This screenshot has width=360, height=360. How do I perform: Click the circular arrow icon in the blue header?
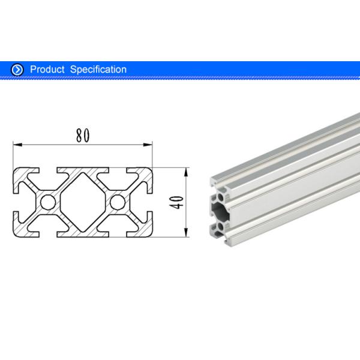point(17,70)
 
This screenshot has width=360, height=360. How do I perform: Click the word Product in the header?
point(47,70)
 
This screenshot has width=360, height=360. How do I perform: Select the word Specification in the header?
point(98,70)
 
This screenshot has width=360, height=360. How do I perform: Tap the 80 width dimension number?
point(83,136)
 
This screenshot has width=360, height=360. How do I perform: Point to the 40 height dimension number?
point(176,202)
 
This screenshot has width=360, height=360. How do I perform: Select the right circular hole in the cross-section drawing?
point(118,201)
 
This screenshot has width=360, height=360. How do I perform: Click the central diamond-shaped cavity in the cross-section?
point(83,201)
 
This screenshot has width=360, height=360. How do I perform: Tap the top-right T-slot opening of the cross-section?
point(118,172)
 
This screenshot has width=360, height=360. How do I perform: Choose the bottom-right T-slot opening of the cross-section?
point(118,230)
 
